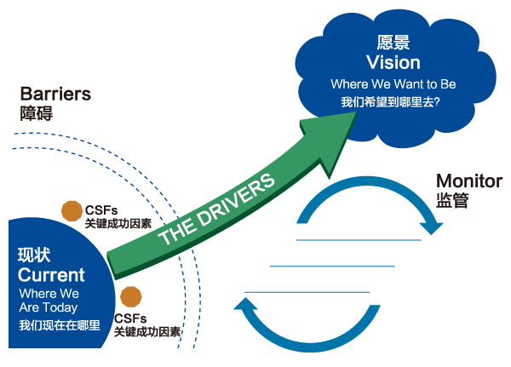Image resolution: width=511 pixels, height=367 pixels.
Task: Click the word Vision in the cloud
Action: coord(393,62)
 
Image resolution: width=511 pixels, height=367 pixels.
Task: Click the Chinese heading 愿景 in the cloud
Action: coord(393,41)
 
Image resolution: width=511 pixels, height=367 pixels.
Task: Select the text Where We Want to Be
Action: coord(392,84)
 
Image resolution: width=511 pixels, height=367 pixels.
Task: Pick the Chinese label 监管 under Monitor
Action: coord(451,202)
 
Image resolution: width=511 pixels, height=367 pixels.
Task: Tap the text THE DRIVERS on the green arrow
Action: coord(217,210)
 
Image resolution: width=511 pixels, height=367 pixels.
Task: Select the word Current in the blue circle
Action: coord(51,275)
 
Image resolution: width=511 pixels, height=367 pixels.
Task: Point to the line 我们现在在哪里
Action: coord(59,325)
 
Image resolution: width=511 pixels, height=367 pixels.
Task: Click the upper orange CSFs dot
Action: coord(72,210)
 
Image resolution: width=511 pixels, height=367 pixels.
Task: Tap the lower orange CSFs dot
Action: coord(130,296)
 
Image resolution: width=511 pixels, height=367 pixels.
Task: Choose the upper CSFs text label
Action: coord(100,209)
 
